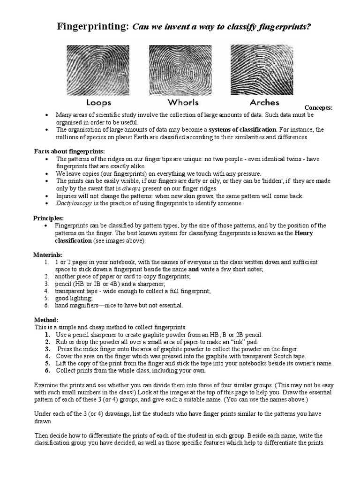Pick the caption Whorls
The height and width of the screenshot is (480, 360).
(183, 102)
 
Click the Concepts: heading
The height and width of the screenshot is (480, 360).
(318, 108)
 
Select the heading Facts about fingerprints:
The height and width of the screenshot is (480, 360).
(69, 151)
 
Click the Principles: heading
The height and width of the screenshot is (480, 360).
(48, 218)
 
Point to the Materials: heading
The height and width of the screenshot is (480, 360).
(48, 255)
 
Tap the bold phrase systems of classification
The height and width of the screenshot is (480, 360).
(243, 129)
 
